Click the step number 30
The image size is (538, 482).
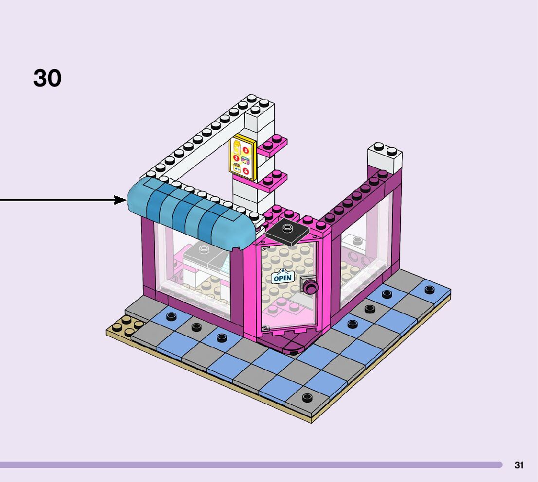tap(47, 78)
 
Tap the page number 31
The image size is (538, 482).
tap(519, 465)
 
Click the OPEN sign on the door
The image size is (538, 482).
tap(282, 277)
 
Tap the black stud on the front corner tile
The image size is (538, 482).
tap(307, 397)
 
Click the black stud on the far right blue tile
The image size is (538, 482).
tap(429, 290)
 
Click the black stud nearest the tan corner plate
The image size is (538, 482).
tap(171, 316)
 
